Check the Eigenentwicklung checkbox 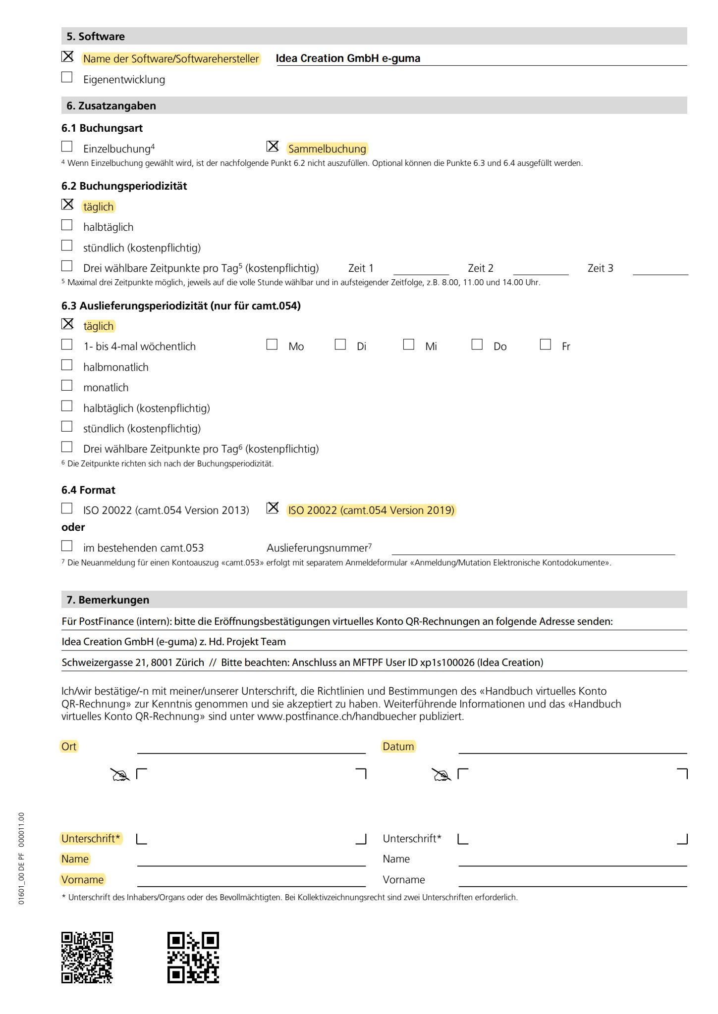pyautogui.click(x=67, y=77)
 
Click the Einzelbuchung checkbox pyautogui.click(x=67, y=147)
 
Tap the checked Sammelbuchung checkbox pyautogui.click(x=273, y=147)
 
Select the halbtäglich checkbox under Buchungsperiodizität pyautogui.click(x=67, y=225)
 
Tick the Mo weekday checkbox pyautogui.click(x=272, y=345)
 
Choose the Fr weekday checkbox pyautogui.click(x=546, y=345)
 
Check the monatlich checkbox pyautogui.click(x=67, y=386)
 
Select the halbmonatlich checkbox pyautogui.click(x=67, y=365)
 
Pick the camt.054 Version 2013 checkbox pyautogui.click(x=67, y=508)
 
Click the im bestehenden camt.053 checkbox pyautogui.click(x=67, y=546)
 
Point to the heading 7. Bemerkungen pyautogui.click(x=108, y=600)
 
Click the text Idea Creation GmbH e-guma pyautogui.click(x=348, y=58)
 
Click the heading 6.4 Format pyautogui.click(x=88, y=490)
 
